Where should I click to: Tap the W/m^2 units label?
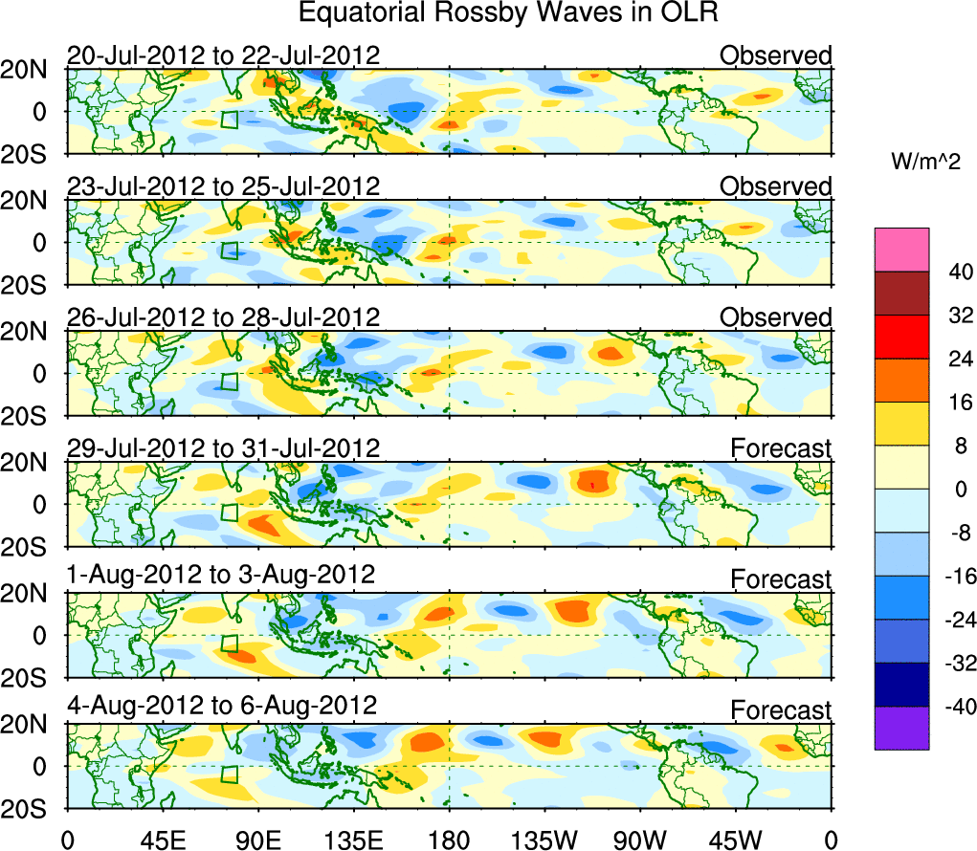[927, 164]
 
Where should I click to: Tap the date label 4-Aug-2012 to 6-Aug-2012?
[222, 706]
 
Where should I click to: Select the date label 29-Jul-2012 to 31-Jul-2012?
[223, 447]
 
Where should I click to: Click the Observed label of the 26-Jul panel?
[776, 316]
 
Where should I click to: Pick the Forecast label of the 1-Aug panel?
[782, 579]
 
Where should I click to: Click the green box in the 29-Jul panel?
[230, 511]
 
